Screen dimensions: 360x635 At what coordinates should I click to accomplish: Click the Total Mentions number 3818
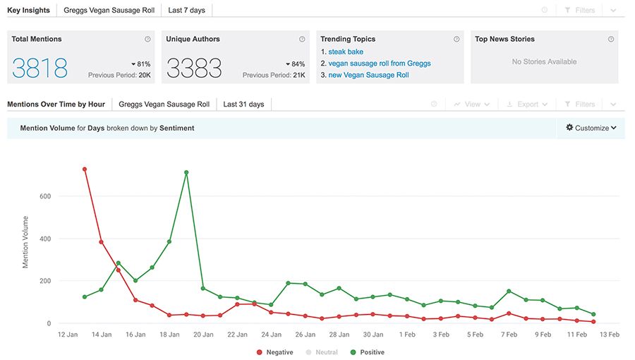(40, 68)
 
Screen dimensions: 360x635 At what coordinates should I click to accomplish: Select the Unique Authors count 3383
(194, 68)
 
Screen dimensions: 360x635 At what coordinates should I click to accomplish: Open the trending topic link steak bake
(346, 52)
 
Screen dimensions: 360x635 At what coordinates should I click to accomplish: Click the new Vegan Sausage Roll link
(368, 75)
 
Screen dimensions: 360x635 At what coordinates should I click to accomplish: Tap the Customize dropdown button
(591, 128)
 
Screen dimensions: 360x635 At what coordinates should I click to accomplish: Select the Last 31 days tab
(243, 104)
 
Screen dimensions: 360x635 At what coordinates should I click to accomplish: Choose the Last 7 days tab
(186, 11)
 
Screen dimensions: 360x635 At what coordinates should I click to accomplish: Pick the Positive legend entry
(370, 352)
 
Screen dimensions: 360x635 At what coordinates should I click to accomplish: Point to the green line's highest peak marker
(186, 172)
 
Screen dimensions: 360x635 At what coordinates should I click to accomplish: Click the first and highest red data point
(85, 169)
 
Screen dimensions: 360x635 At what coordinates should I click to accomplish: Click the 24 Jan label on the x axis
(271, 335)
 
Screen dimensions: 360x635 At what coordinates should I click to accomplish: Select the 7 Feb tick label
(509, 335)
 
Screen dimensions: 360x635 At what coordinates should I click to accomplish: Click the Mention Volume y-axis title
(26, 242)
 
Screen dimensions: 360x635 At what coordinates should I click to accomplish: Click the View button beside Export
(467, 104)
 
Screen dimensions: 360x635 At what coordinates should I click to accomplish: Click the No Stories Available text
(544, 62)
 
